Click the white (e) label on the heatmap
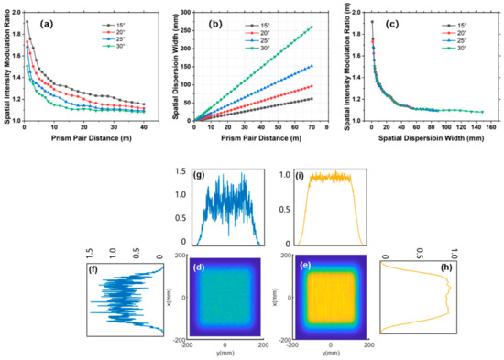click(293, 267)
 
